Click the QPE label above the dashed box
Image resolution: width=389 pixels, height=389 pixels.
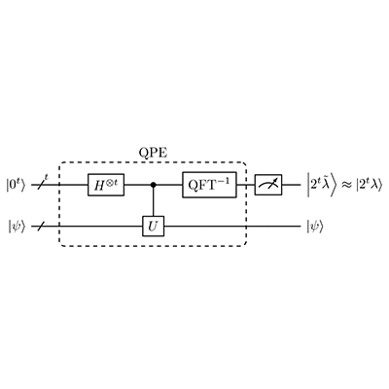[x=153, y=153]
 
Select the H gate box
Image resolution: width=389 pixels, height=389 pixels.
[x=106, y=185]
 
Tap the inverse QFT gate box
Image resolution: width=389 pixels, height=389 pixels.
[x=209, y=185]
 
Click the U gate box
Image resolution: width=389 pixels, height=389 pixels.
[x=154, y=226]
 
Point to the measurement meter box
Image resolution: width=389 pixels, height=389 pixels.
[x=268, y=185]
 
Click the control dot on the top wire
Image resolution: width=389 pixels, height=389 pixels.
[x=154, y=185]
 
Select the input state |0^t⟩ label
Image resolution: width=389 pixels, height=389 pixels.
[x=16, y=186]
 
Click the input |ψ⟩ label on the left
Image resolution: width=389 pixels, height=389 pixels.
[x=17, y=227]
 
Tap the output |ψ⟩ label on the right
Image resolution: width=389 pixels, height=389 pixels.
[x=315, y=227]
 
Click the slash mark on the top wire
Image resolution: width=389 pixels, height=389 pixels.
[x=42, y=185]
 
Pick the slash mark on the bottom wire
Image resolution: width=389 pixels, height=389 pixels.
[x=40, y=226]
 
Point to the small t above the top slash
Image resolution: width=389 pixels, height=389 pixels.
[x=47, y=177]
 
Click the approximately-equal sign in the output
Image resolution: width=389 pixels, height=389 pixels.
[x=348, y=186]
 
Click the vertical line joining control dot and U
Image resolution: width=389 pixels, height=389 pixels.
[x=154, y=202]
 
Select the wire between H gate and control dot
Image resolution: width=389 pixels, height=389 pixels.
[x=137, y=185]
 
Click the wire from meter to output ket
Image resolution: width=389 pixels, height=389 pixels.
[x=292, y=185]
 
